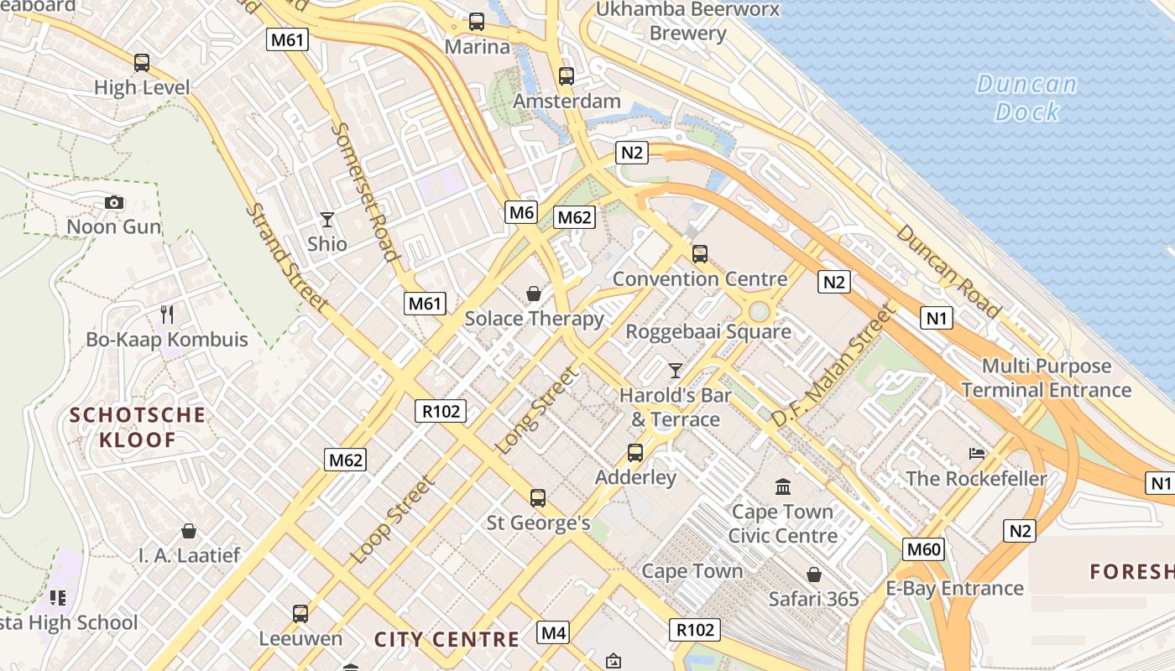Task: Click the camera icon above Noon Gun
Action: [114, 202]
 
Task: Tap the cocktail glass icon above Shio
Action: [327, 220]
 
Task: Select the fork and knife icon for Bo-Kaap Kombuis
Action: [167, 315]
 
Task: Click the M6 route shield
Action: [521, 213]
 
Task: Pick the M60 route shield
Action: [924, 550]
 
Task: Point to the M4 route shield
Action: [554, 632]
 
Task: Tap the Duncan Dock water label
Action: [1026, 97]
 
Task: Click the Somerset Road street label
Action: [364, 192]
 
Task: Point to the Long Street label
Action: [538, 411]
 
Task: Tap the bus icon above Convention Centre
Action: [699, 253]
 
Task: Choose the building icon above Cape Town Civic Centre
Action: [783, 486]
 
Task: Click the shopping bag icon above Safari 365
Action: [813, 575]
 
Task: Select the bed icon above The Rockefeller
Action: [977, 454]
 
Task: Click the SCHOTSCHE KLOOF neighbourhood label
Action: [138, 427]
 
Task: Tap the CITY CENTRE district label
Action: [446, 639]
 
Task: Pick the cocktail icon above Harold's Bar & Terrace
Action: [675, 370]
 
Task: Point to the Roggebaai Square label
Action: [708, 332]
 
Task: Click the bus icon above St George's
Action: [538, 498]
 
